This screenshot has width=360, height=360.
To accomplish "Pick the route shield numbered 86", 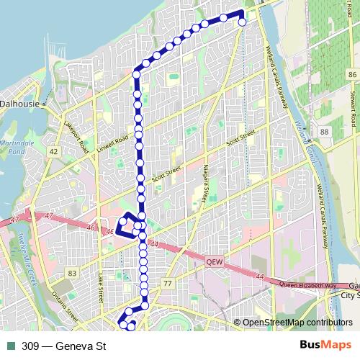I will [351, 75].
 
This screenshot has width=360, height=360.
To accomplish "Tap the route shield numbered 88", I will [325, 132].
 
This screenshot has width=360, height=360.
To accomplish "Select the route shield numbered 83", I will [71, 273].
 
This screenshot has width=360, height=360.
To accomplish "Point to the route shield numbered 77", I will [167, 284].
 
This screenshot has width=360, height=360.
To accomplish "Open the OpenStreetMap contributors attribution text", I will [297, 323].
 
